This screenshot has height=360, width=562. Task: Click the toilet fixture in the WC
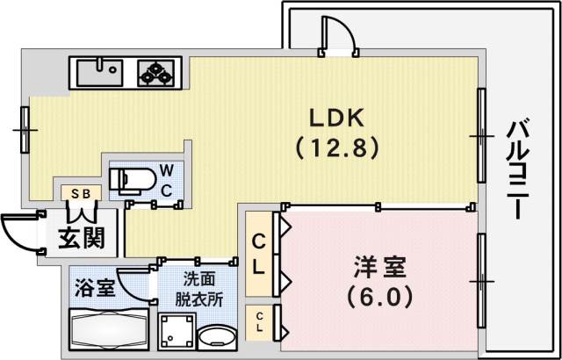click(130, 179)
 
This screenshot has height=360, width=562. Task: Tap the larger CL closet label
click(261, 254)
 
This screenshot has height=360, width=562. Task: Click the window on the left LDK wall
click(25, 129)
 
